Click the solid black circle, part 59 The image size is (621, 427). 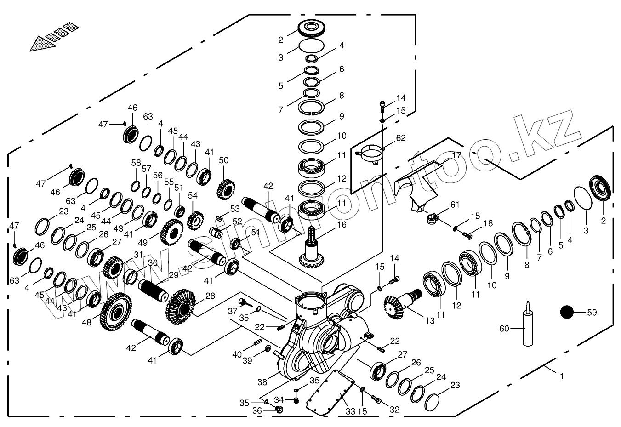(x=567, y=313)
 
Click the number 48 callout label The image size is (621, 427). (x=87, y=323)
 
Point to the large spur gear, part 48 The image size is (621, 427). (x=115, y=312)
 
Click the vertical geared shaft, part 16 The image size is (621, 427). (x=312, y=248)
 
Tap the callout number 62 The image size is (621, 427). (x=401, y=138)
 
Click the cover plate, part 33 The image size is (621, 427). (x=330, y=393)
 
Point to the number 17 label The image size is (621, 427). (x=456, y=155)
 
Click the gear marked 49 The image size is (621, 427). (x=172, y=232)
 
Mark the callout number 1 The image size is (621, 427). (x=562, y=376)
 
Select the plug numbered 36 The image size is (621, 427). (x=279, y=409)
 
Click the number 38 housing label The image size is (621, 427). (x=262, y=382)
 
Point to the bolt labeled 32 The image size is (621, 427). (x=376, y=399)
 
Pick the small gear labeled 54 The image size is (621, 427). (x=196, y=221)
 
